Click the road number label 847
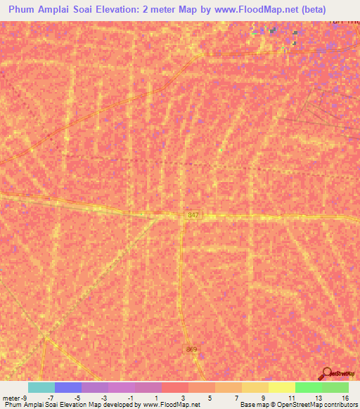pyautogui.click(x=193, y=216)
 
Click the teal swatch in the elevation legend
pyautogui.click(x=41, y=387)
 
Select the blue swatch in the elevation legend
pyautogui.click(x=67, y=387)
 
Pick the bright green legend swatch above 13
pyautogui.click(x=307, y=387)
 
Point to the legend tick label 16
pyautogui.click(x=345, y=397)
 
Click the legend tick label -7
pyautogui.click(x=50, y=397)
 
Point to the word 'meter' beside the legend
pyautogui.click(x=12, y=397)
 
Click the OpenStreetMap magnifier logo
pyautogui.click(x=326, y=374)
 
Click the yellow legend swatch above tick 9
pyautogui.click(x=254, y=387)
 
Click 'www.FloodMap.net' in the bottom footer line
pyautogui.click(x=172, y=405)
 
